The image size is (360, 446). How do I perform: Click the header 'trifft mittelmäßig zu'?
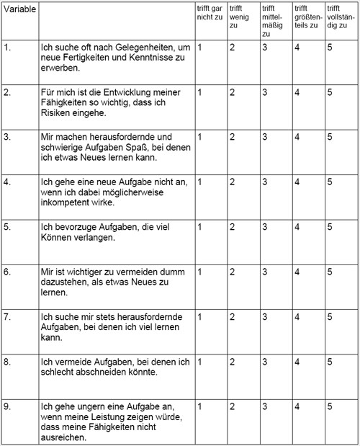[274, 20]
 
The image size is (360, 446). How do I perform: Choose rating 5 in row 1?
[330, 48]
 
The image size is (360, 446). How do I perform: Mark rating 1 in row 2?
[200, 93]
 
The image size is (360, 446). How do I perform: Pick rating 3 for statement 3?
[265, 137]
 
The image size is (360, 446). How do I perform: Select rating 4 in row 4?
[297, 182]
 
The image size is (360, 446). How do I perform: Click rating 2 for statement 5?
[233, 227]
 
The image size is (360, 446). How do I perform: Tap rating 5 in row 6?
[330, 272]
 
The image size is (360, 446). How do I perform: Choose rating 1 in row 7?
[200, 316]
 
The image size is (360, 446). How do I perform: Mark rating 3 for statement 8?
[265, 361]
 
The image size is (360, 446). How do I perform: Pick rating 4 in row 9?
[297, 406]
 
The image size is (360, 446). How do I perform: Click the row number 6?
[8, 272]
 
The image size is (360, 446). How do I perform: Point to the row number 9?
[8, 406]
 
